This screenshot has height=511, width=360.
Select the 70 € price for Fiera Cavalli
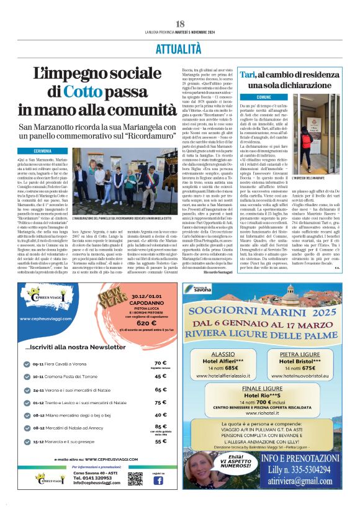pos(160,363)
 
